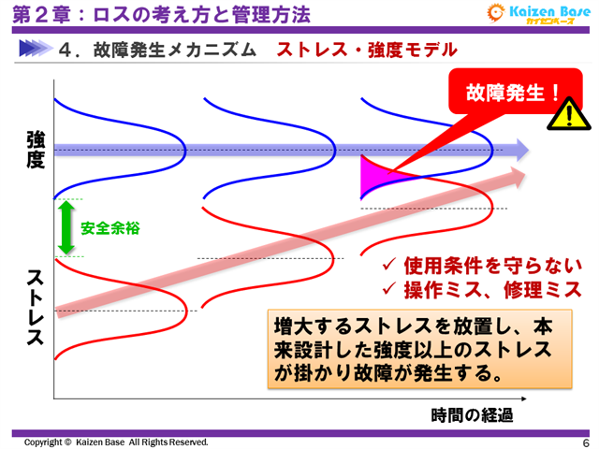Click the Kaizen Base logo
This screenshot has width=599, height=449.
pos(535,15)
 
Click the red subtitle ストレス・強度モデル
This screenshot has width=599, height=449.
pos(367,51)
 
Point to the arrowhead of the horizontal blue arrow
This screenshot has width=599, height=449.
pos(519,149)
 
